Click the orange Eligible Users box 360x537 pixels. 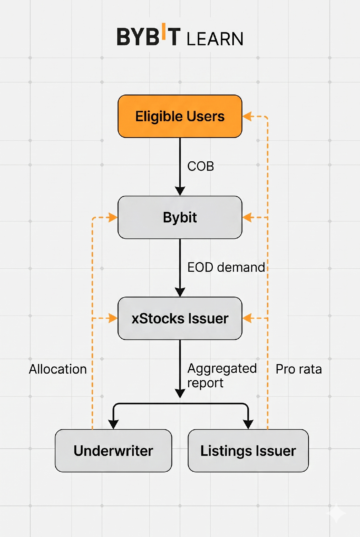pyautogui.click(x=180, y=116)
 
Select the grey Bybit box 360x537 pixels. pyautogui.click(x=180, y=217)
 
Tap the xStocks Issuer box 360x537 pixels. pyautogui.click(x=180, y=318)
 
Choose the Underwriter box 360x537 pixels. pyautogui.click(x=113, y=450)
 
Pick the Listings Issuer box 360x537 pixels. pyautogui.click(x=248, y=450)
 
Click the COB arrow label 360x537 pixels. pyautogui.click(x=201, y=166)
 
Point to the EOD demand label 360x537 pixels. pyautogui.click(x=226, y=267)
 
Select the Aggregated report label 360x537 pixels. pyautogui.click(x=222, y=376)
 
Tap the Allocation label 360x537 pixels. pyautogui.click(x=58, y=369)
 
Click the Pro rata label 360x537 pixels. pyautogui.click(x=299, y=369)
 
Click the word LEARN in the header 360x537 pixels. pyautogui.click(x=215, y=39)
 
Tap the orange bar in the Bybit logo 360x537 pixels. pyautogui.click(x=164, y=31)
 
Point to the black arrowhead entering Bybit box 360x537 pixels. pyautogui.click(x=180, y=191)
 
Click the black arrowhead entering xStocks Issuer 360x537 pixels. pyautogui.click(x=180, y=292)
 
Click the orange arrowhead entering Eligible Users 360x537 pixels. pyautogui.click(x=247, y=116)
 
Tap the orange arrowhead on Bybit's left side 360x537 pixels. pyautogui.click(x=113, y=217)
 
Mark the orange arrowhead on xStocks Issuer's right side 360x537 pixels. pyautogui.click(x=247, y=318)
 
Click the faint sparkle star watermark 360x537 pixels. pyautogui.click(x=336, y=513)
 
